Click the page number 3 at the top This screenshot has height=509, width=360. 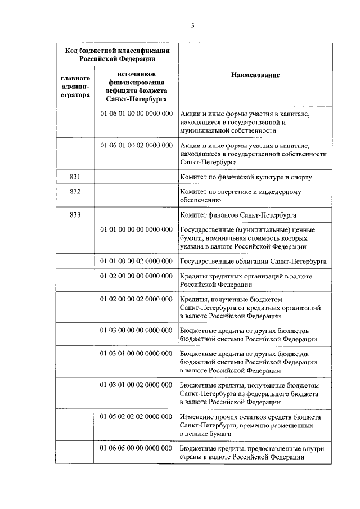(x=192, y=25)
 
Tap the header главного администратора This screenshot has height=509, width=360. (x=75, y=87)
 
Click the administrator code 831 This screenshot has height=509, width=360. (x=75, y=177)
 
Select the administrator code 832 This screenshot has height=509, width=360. (x=75, y=192)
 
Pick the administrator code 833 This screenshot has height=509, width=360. (x=75, y=215)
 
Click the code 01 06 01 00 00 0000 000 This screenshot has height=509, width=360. (x=136, y=114)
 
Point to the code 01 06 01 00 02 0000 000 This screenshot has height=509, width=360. (x=136, y=145)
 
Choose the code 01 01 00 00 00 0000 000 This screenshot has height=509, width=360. (x=136, y=230)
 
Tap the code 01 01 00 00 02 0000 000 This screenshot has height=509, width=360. (x=136, y=262)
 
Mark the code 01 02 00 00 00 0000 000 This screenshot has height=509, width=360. (x=136, y=277)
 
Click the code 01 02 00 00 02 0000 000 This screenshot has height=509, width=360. (x=136, y=300)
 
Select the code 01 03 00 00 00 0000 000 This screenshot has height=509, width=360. (x=136, y=331)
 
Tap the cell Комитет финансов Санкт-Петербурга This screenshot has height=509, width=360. (x=238, y=215)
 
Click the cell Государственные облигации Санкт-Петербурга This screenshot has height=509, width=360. (x=252, y=262)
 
